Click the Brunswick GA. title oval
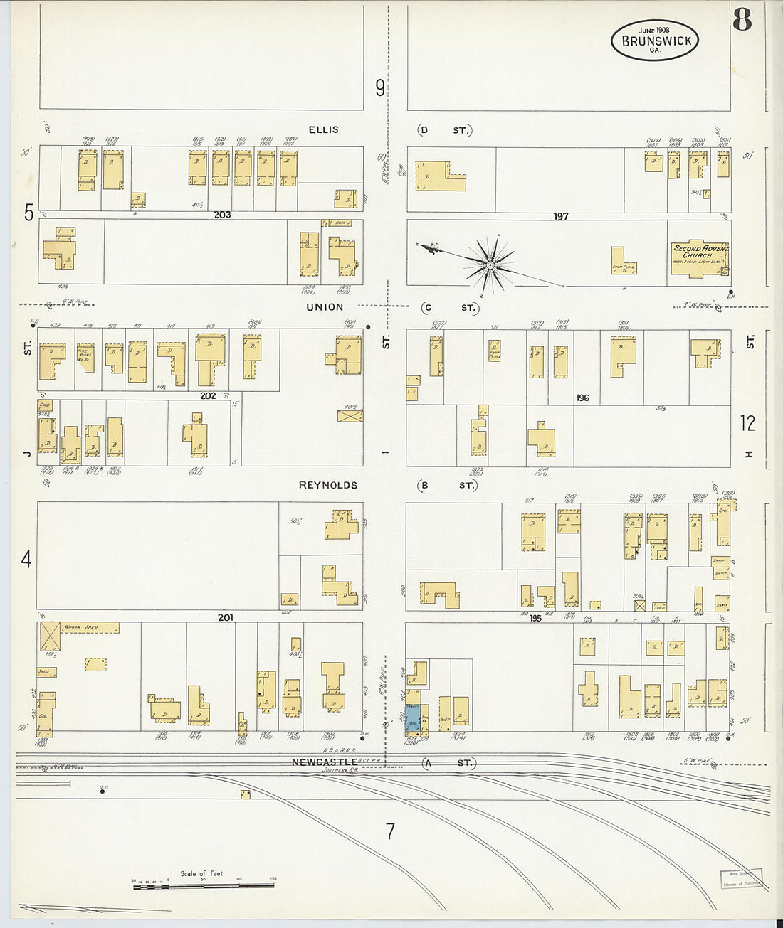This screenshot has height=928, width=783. pos(655,40)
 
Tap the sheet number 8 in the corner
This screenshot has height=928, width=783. pos(742,21)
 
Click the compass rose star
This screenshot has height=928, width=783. pos(490,265)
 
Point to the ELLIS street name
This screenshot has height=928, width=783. pos(323,129)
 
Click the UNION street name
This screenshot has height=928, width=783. pos(325,307)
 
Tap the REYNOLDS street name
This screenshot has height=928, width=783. pos(327,485)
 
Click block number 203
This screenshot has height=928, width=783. pos(222,214)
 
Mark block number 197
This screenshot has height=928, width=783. pos(561,216)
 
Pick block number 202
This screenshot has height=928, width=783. pos(208,395)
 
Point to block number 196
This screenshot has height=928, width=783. pos(582,398)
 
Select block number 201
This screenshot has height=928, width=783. pos(225,617)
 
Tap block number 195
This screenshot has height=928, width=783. pos(535,618)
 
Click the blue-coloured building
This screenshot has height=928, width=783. pos(413,718)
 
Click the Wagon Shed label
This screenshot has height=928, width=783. pos(80,628)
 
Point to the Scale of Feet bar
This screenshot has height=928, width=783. pos(203,885)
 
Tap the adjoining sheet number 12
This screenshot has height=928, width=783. pos(747,423)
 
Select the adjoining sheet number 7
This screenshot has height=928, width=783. pos(390,831)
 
